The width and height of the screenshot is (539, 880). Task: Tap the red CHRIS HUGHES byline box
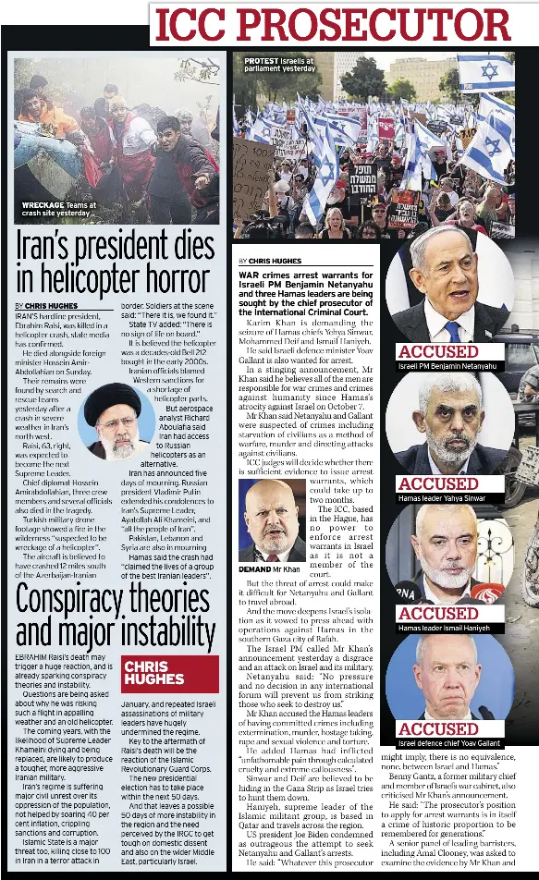(169, 672)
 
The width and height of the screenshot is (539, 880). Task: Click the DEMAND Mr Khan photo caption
(269, 569)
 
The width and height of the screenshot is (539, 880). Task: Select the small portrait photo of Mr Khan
(271, 520)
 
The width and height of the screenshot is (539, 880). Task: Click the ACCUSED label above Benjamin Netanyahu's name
(438, 351)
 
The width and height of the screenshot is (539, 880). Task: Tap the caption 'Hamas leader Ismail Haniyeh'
(445, 628)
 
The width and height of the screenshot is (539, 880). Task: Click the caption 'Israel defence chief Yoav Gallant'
(449, 742)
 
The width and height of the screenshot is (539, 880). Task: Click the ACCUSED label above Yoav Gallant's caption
(438, 728)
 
